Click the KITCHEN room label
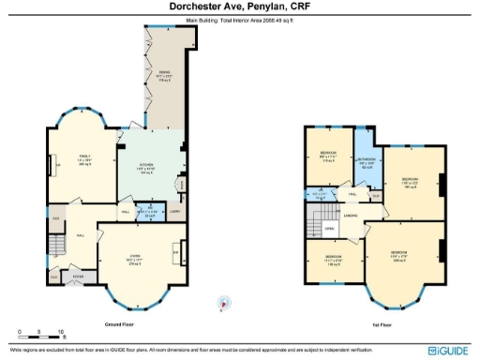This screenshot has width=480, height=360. click(x=146, y=167)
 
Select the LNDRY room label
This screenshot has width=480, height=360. click(x=174, y=211)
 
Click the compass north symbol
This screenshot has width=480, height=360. click(x=222, y=303)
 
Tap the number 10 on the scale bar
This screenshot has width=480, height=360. click(x=61, y=333)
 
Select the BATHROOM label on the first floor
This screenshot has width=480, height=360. click(x=366, y=161)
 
